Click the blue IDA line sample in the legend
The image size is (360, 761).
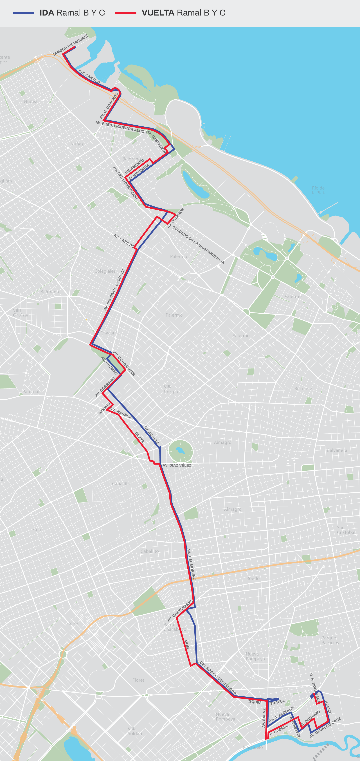tap(24, 13)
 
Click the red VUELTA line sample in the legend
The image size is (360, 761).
tap(125, 13)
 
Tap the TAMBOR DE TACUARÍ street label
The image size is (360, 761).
tap(70, 45)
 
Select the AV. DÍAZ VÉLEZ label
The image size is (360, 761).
tap(177, 465)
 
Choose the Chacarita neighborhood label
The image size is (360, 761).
tap(110, 333)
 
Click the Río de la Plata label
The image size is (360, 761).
tap(319, 190)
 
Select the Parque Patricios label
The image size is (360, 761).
tap(330, 640)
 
